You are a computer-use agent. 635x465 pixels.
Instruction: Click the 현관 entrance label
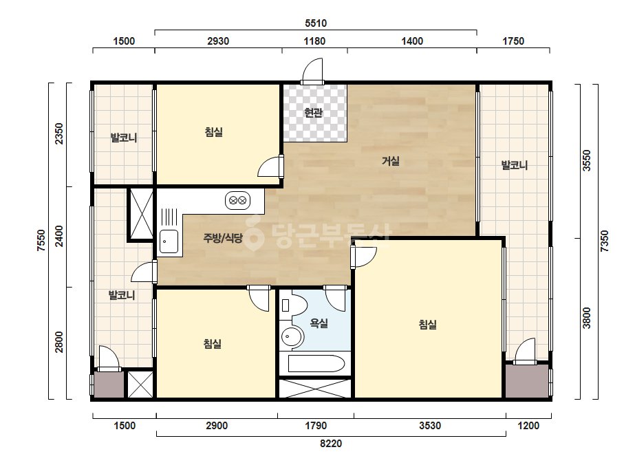[313, 113]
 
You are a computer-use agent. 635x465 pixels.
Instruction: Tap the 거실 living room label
[390, 161]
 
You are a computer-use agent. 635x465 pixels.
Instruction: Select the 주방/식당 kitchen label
[223, 238]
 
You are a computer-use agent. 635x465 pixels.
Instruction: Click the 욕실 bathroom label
[319, 323]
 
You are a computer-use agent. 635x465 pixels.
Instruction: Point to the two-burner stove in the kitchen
[237, 200]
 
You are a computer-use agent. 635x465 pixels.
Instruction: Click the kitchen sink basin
[169, 241]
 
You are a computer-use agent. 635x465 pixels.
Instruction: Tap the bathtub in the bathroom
[316, 363]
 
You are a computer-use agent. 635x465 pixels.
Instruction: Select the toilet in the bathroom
[294, 305]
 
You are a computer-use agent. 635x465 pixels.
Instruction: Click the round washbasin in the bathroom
[292, 336]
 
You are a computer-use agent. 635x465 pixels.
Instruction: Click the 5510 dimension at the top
[316, 23]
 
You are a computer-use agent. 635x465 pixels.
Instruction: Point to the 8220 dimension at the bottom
[331, 444]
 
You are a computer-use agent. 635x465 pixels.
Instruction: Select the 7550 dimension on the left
[41, 241]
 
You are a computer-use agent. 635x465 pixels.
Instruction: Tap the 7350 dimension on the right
[604, 241]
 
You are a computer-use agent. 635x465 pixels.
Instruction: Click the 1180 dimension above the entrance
[314, 41]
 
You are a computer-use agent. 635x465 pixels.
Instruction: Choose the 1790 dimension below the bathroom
[316, 426]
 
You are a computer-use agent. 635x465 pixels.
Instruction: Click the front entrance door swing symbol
[312, 70]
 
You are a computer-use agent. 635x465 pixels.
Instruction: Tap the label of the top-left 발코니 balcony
[124, 138]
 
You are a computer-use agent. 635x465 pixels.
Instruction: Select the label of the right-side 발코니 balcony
[515, 165]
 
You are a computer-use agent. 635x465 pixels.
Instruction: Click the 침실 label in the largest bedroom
[428, 325]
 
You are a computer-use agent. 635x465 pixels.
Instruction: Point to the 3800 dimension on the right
[586, 318]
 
